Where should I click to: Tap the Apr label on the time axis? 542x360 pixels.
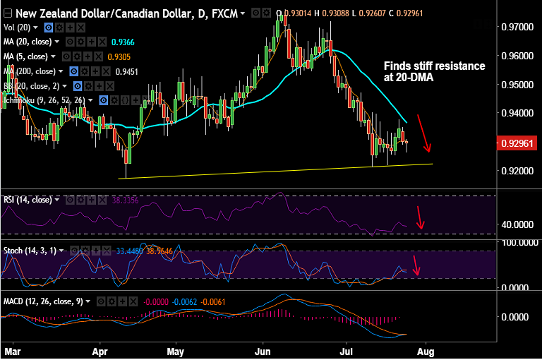click(x=101, y=351)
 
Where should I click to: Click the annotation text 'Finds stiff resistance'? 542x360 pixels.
click(x=434, y=66)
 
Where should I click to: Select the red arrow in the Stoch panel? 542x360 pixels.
click(x=417, y=265)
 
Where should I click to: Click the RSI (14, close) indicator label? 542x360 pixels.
click(x=28, y=200)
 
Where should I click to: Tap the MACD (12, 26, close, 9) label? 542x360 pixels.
click(x=42, y=301)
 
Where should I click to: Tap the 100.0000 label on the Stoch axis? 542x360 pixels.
click(x=517, y=242)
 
